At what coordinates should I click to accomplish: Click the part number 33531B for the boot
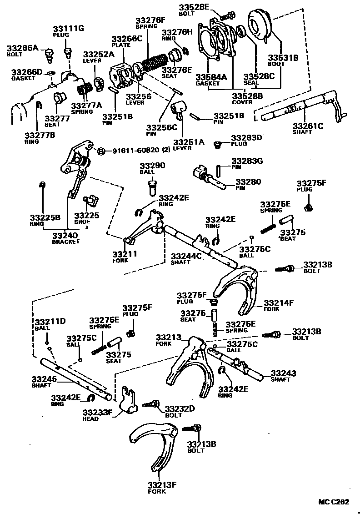coord(282,58)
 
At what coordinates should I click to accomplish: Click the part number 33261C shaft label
coord(308,126)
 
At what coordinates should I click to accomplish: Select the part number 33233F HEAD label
coord(97,413)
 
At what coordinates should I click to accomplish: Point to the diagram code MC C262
coord(333,502)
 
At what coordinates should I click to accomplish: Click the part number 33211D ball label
coord(50,322)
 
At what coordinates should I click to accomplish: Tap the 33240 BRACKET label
coord(65,236)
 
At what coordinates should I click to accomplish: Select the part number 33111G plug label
coord(69,29)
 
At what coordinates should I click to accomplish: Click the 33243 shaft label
coord(283,373)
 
